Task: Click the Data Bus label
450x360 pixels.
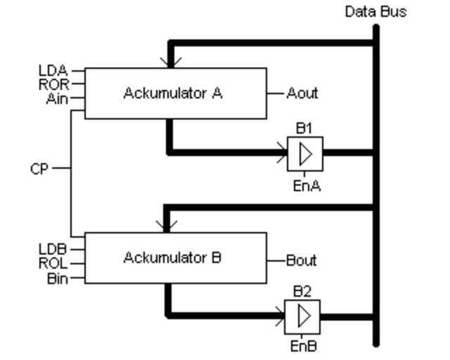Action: coord(375,12)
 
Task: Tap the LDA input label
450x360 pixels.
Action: coord(53,70)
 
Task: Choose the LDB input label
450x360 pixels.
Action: coord(53,250)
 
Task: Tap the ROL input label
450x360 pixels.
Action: coord(53,264)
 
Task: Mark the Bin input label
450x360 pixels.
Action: coord(58,279)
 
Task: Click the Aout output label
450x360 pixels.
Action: coord(302,93)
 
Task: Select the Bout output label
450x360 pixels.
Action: coord(302,261)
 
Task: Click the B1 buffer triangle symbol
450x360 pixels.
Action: coord(305,153)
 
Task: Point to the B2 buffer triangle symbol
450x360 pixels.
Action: coord(303,317)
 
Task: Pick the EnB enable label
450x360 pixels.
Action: coord(303,346)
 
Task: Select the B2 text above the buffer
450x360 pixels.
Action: coord(302,292)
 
